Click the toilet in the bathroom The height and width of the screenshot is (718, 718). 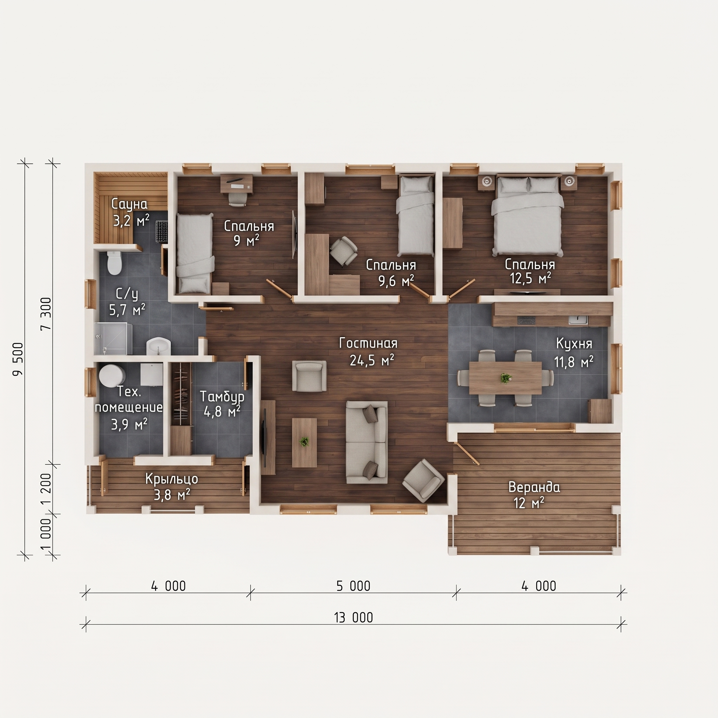114,262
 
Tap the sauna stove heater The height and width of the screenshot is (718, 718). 162,231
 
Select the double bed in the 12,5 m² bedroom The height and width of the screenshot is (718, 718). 527,216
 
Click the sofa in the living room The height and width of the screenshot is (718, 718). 366,442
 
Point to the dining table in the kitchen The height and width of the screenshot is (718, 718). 506,378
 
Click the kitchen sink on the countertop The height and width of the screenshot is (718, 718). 578,320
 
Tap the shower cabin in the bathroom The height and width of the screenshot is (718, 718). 113,339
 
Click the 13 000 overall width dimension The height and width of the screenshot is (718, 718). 353,617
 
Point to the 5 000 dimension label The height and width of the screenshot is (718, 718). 353,586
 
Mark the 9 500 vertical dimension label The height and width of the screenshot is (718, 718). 18,359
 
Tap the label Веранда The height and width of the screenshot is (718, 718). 534,487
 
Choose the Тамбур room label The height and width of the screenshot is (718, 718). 222,397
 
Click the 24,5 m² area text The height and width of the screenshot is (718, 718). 372,360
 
